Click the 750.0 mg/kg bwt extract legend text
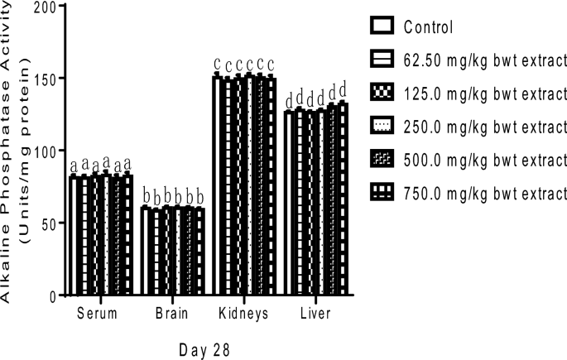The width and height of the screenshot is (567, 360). pos(484,193)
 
